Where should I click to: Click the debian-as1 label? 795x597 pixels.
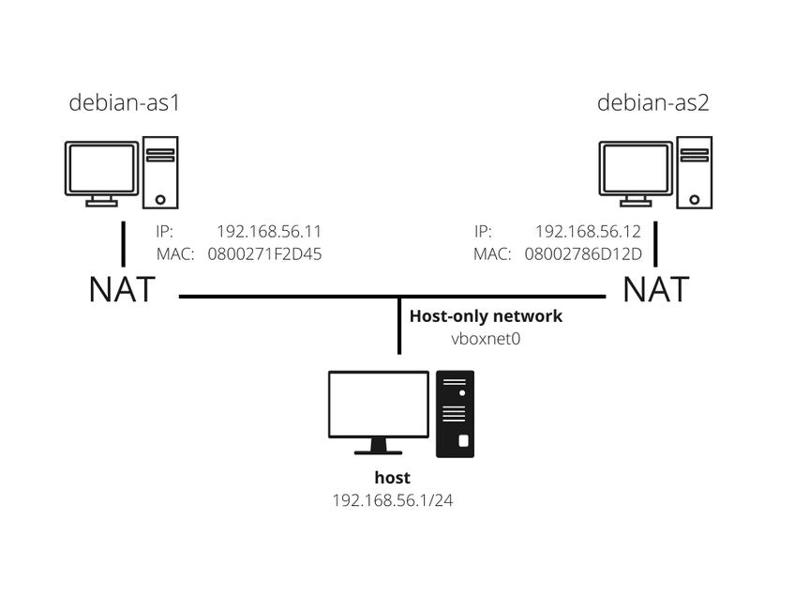(x=124, y=102)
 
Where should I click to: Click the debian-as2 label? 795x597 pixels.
(x=653, y=102)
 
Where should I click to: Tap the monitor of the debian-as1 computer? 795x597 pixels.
(x=100, y=169)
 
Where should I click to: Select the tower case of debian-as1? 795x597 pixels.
(x=160, y=173)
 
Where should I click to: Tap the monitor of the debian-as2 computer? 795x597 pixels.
(x=636, y=169)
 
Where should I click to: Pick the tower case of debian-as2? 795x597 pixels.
(x=695, y=173)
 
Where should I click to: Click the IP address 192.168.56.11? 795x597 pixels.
(x=269, y=231)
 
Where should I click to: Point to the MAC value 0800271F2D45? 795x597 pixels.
(x=264, y=253)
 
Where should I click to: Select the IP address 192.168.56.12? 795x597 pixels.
(x=588, y=231)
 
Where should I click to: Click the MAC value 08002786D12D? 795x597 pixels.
(x=583, y=253)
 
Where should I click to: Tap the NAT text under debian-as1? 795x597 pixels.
(x=123, y=289)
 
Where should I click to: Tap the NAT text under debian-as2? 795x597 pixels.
(x=656, y=289)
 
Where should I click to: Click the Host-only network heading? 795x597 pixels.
(x=486, y=316)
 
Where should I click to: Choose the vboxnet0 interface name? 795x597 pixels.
(x=486, y=338)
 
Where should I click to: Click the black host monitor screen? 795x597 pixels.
(x=379, y=404)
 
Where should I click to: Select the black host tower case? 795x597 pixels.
(x=456, y=413)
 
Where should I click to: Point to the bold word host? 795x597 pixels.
(x=393, y=478)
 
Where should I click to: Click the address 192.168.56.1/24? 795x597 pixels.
(x=393, y=500)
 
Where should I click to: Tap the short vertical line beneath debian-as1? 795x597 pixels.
(x=123, y=242)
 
